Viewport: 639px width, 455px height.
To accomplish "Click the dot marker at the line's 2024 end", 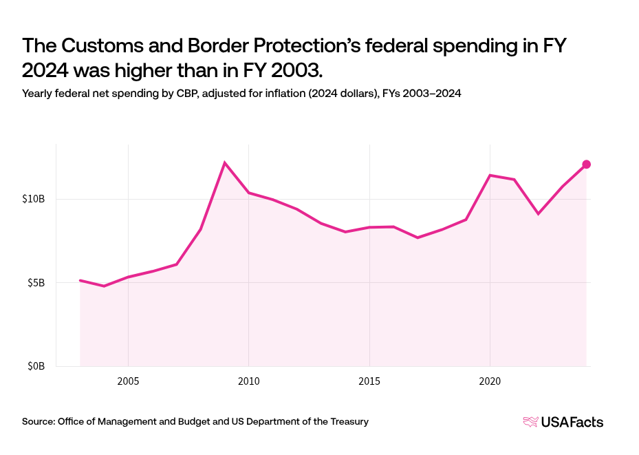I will (x=587, y=164).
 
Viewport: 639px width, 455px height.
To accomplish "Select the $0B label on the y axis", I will (x=36, y=366).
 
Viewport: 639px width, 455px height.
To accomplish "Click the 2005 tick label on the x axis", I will (x=128, y=380).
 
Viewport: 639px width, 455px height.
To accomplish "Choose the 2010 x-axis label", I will (x=248, y=380).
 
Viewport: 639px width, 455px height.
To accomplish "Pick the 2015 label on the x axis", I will (x=369, y=380).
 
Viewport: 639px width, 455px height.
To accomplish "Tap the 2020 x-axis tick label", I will (x=490, y=380).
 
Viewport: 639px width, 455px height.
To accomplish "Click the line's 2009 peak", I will (x=225, y=162).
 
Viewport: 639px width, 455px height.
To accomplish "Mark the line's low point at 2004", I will (x=104, y=286).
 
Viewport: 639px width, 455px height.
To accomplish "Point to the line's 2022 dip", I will (x=538, y=214).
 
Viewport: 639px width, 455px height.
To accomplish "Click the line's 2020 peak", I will (x=490, y=175).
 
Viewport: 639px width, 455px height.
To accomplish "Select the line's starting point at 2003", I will (x=80, y=280).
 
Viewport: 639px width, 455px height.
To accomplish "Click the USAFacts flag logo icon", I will (x=531, y=422).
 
